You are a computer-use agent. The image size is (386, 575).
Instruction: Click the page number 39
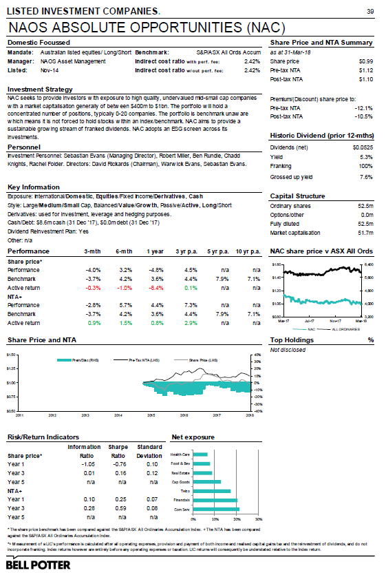[x=369, y=12]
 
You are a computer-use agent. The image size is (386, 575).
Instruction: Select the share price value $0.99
[x=365, y=61]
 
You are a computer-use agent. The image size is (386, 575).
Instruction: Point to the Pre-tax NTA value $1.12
[x=365, y=70]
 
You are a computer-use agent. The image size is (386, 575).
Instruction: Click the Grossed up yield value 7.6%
[x=365, y=176]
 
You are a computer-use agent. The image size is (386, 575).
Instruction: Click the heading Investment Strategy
[x=39, y=90]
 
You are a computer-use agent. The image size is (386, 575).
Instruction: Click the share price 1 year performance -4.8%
[x=156, y=270]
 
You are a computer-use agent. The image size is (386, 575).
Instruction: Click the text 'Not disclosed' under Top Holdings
[x=287, y=350]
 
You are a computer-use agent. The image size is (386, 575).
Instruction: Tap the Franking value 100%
[x=365, y=166]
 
